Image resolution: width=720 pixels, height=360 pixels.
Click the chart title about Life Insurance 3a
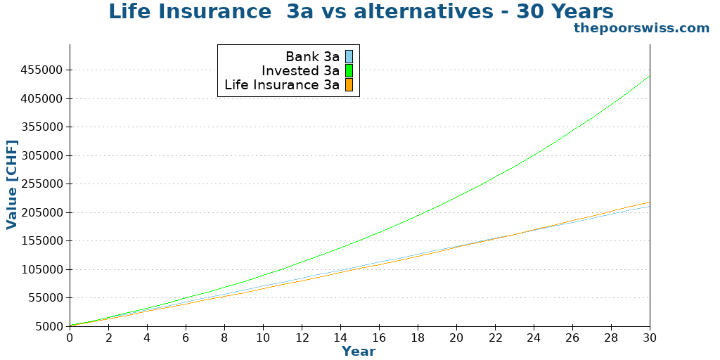(x=361, y=12)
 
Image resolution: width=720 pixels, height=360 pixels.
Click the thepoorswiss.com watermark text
(x=641, y=28)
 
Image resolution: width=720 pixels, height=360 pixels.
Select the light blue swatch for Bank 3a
(x=349, y=57)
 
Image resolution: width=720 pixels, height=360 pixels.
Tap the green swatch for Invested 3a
(x=349, y=71)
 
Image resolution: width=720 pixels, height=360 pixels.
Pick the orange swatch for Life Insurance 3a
(x=349, y=85)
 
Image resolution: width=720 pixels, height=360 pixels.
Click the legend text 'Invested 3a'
(x=300, y=71)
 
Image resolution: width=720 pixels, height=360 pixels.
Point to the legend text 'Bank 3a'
(x=312, y=57)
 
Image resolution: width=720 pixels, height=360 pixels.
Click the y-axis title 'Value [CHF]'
(x=11, y=184)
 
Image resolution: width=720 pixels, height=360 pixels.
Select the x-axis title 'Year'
(x=359, y=351)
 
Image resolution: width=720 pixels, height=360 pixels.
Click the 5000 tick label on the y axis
(x=49, y=326)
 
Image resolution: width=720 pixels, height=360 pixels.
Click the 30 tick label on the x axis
(x=650, y=337)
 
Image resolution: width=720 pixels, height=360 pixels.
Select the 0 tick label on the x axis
(x=70, y=337)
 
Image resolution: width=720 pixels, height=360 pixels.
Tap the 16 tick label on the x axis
(x=379, y=337)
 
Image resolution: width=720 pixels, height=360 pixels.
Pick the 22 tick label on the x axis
(x=495, y=337)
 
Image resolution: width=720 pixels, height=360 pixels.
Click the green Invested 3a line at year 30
(x=649, y=76)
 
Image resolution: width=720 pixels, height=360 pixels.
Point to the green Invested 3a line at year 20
(x=456, y=196)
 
